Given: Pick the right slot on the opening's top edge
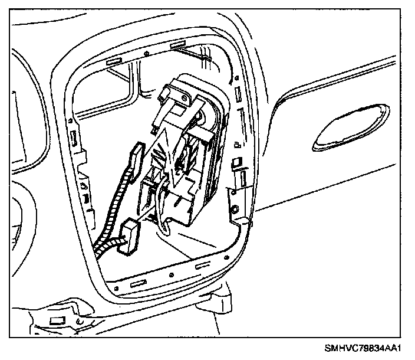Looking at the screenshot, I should pos(178,45).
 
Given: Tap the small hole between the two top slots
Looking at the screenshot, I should pos(144,53).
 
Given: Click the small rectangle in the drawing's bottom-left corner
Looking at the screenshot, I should pos(57,320).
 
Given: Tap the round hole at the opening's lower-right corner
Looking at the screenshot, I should pos(235,209).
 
